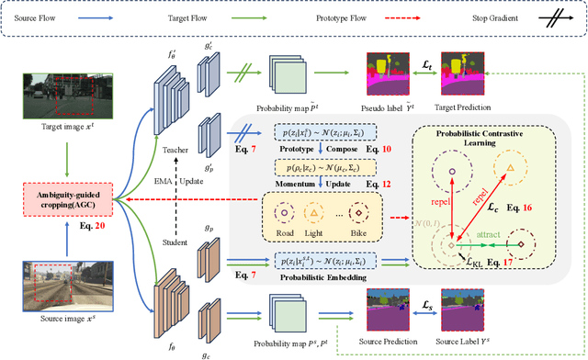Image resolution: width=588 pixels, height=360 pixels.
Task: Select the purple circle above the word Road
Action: pos(285,212)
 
